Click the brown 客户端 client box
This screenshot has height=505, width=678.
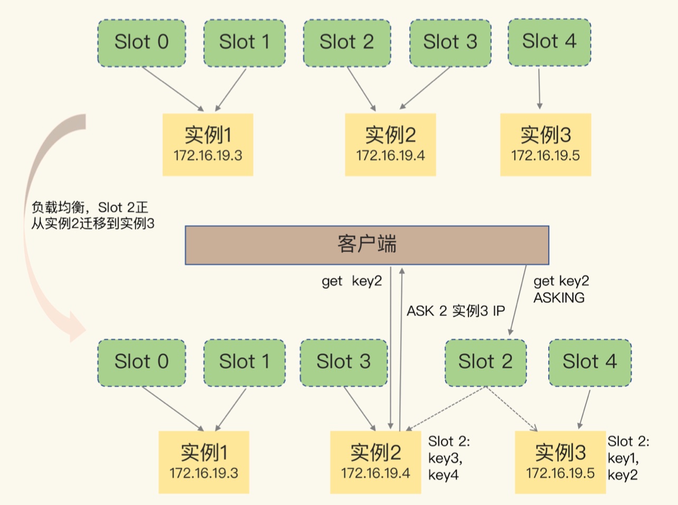[366, 245]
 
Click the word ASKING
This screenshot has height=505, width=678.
[559, 298]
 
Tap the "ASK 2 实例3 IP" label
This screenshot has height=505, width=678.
[455, 311]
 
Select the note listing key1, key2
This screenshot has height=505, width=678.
[627, 458]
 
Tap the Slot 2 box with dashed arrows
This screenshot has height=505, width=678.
[485, 362]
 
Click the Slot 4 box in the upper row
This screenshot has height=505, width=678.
[549, 42]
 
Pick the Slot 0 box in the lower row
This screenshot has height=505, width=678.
[142, 362]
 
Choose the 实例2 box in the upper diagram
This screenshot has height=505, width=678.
[390, 144]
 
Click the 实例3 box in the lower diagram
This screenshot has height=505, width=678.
[560, 462]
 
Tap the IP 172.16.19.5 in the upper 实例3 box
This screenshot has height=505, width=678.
[545, 156]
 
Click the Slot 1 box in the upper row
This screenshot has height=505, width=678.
[244, 42]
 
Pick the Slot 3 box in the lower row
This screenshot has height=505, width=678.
[343, 362]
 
